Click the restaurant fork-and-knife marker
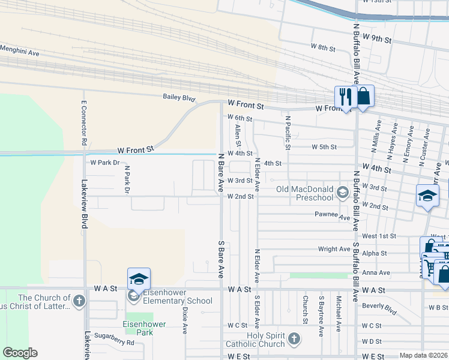(345, 97)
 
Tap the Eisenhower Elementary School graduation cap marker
(139, 280)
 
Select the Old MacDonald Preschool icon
(343, 193)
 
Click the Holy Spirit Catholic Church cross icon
(294, 339)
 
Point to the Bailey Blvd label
(179, 97)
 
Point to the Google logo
(20, 352)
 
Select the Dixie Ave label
(185, 321)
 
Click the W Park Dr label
(105, 163)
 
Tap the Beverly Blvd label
(379, 309)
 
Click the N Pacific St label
(288, 133)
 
